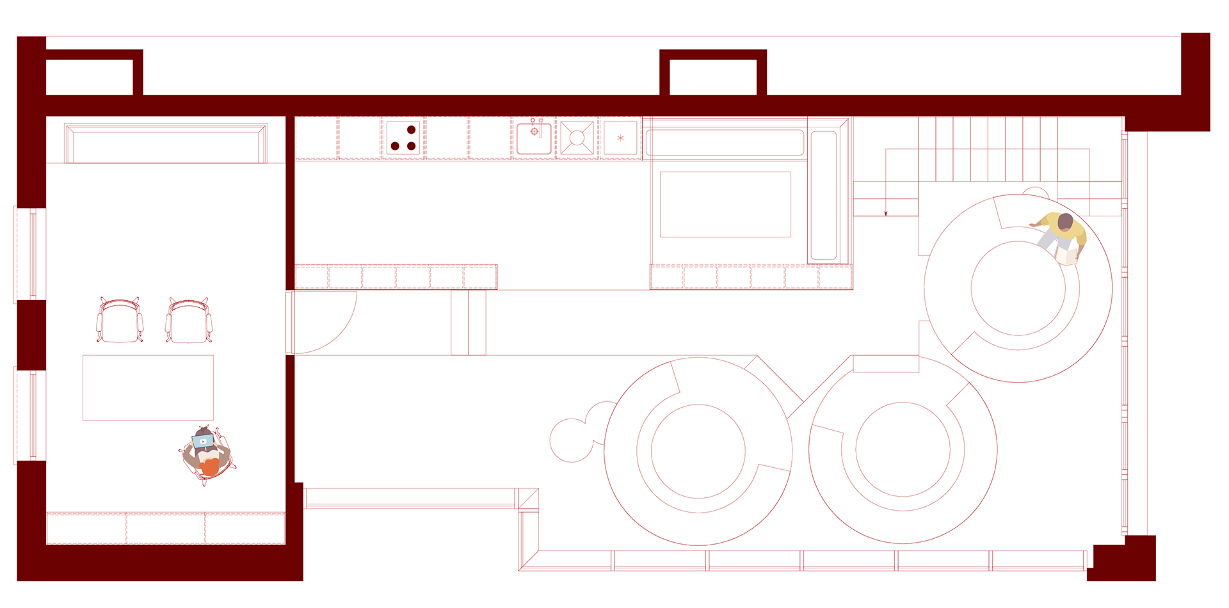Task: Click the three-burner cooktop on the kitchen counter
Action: pyautogui.click(x=403, y=138)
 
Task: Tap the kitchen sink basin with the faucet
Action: pyautogui.click(x=534, y=139)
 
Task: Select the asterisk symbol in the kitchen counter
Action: pyautogui.click(x=620, y=138)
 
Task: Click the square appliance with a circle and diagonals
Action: pyautogui.click(x=577, y=138)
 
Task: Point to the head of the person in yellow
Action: pyautogui.click(x=1064, y=222)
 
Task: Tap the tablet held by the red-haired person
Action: pyautogui.click(x=204, y=440)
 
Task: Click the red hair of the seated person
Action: pyautogui.click(x=211, y=467)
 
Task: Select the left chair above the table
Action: pyautogui.click(x=120, y=321)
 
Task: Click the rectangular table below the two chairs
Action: pyautogui.click(x=148, y=388)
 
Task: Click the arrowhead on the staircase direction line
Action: pyautogui.click(x=886, y=212)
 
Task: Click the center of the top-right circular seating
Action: pyautogui.click(x=1018, y=288)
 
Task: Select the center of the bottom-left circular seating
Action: pyautogui.click(x=698, y=451)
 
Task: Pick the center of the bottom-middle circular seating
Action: pyautogui.click(x=903, y=449)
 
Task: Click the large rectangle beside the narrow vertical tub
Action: pyautogui.click(x=726, y=204)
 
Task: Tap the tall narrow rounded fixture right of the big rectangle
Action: pyautogui.click(x=823, y=195)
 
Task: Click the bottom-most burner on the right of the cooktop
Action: pyautogui.click(x=411, y=146)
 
